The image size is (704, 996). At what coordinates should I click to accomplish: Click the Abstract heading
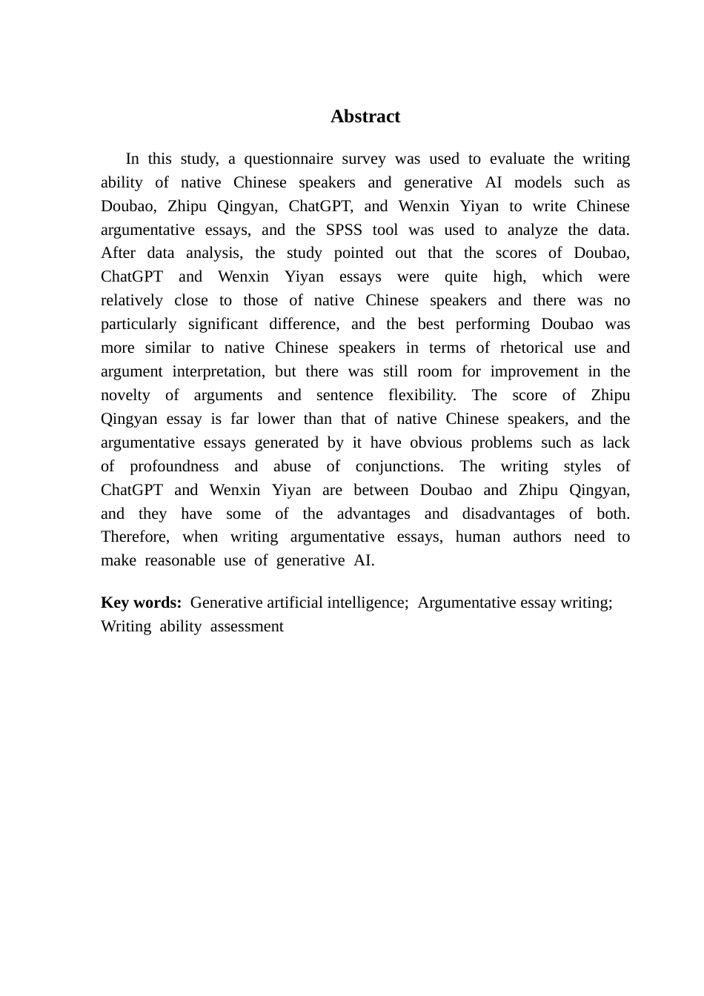[365, 116]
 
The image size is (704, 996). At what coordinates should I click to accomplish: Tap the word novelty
[125, 395]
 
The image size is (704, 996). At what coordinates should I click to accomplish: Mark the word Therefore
[135, 537]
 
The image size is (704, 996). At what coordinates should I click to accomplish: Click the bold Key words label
[141, 602]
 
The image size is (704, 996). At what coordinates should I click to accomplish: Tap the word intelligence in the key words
[363, 602]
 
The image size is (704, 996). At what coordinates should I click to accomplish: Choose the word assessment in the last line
[247, 626]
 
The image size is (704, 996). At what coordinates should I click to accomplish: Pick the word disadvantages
[508, 514]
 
